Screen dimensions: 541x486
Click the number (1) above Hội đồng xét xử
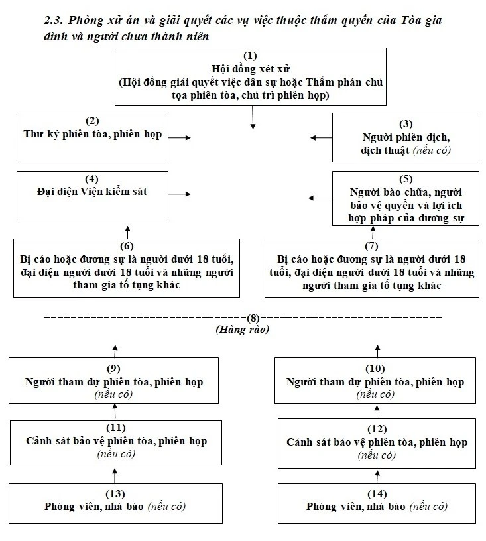pos(251,56)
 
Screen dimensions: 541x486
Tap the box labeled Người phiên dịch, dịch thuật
pos(405,137)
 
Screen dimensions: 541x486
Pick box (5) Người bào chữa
pos(405,197)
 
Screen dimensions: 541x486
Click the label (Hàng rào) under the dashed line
pos(241,329)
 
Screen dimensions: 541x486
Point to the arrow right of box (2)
pos(179,137)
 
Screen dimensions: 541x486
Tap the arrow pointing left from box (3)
pos(321,137)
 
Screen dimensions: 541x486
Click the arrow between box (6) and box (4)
pos(128,230)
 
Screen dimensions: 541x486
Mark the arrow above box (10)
pos(379,350)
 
